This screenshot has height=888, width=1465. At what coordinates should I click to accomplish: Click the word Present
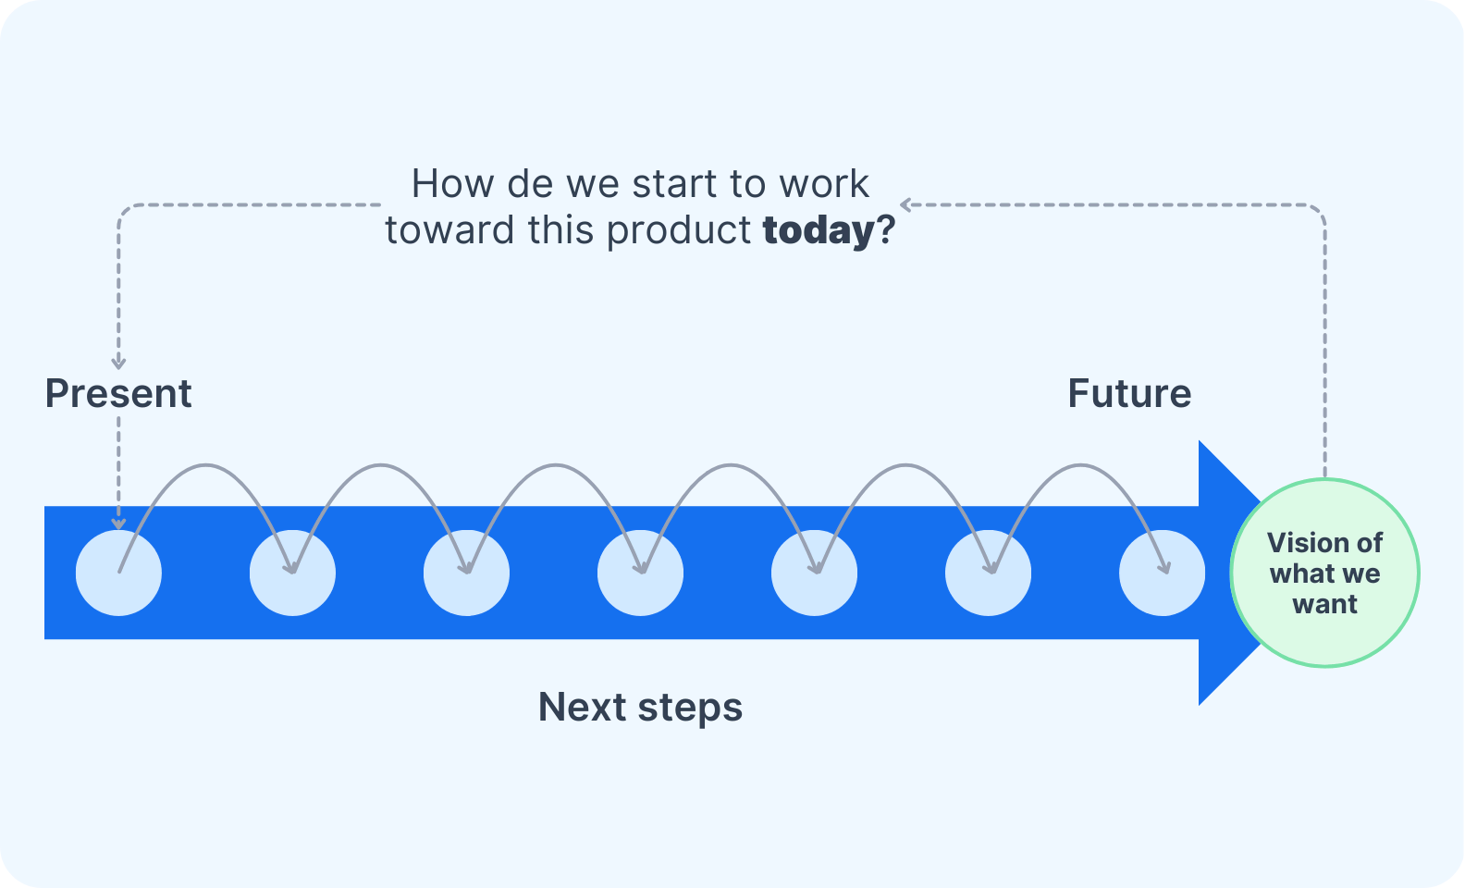pos(118,394)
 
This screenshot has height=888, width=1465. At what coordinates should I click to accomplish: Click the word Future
pos(1129,394)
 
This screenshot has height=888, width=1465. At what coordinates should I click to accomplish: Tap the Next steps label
pos(640,708)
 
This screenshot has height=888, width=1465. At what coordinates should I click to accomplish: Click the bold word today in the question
pos(819,230)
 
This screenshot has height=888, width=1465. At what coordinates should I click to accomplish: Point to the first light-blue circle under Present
pos(118,573)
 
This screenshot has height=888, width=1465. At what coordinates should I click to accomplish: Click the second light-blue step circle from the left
pos(292,573)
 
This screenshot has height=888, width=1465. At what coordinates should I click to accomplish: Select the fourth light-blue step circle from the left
pos(640,573)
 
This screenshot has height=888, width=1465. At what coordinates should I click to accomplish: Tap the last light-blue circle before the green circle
pos(1162,573)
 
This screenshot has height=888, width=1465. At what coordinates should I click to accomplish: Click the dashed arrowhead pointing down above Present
pos(118,363)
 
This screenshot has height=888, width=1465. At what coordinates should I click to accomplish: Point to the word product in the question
pos(678,230)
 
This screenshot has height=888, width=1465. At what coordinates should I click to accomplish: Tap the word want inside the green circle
pos(1324,605)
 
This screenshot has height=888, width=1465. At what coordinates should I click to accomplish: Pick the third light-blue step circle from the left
pos(466,573)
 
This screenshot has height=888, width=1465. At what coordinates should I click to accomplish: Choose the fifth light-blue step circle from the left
pos(814,573)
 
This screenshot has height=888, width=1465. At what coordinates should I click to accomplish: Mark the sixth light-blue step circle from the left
pos(988,573)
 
